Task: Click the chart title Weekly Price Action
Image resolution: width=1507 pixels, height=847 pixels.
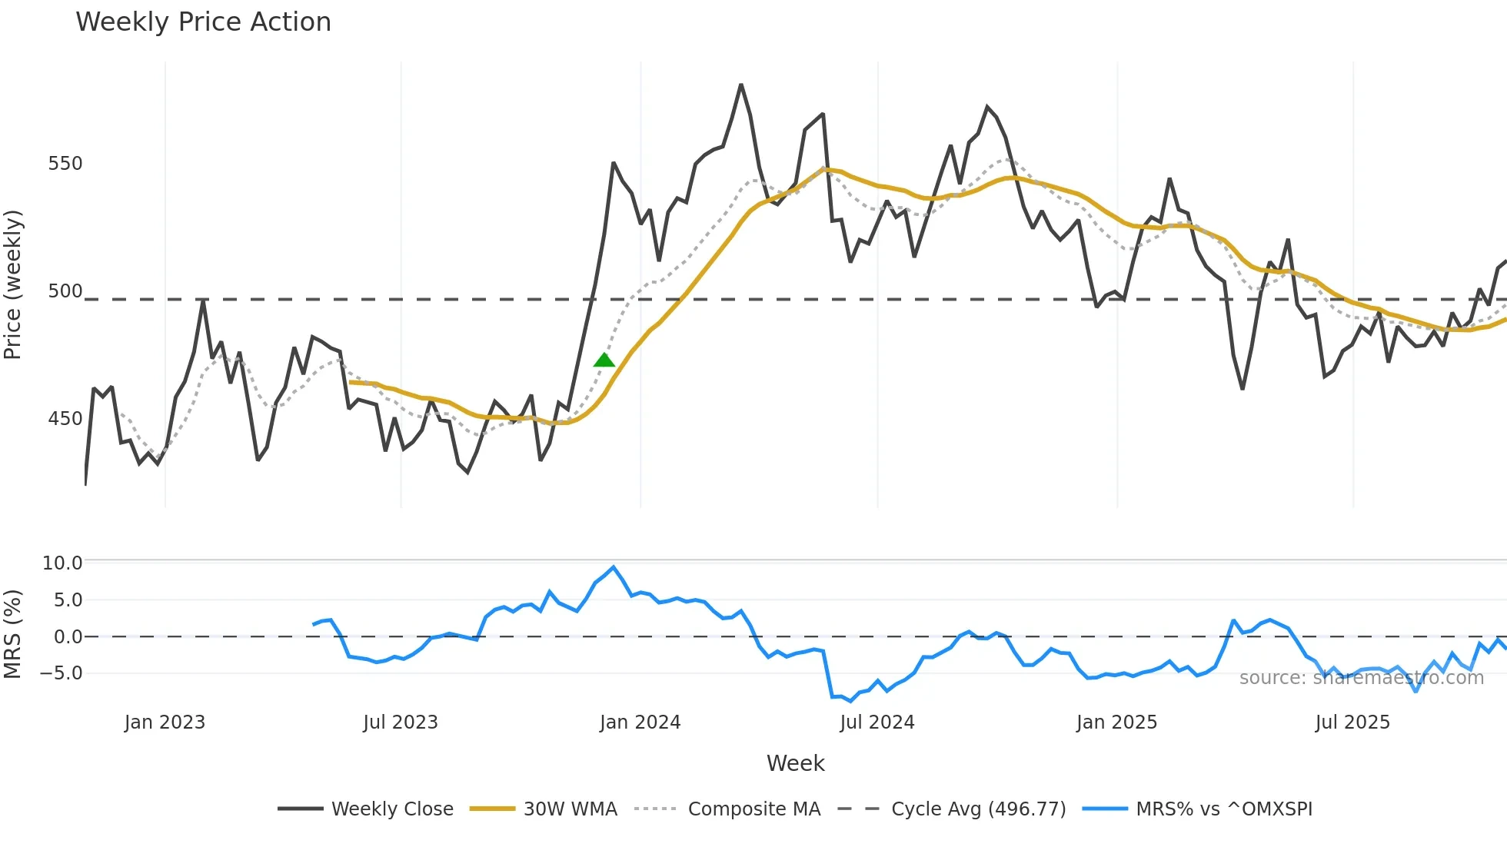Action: pos(203,22)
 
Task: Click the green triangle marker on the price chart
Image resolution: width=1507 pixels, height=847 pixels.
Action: pos(604,360)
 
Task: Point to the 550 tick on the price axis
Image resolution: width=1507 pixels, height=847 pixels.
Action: pos(65,164)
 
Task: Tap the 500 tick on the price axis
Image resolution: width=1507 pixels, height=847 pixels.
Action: pos(65,291)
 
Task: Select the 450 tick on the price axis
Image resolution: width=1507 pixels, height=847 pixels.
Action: pos(65,419)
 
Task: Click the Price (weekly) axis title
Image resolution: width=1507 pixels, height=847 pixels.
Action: pos(13,284)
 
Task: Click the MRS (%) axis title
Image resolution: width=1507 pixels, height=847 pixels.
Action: pos(13,634)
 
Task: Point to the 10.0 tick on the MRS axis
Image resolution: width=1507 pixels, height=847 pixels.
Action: pos(62,563)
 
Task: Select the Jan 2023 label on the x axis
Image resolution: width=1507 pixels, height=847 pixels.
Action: pos(165,722)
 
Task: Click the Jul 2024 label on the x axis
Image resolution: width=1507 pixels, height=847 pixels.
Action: pos(877,722)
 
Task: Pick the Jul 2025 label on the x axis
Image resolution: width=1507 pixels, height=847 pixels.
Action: pos(1352,722)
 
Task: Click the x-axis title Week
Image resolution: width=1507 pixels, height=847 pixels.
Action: pos(795,763)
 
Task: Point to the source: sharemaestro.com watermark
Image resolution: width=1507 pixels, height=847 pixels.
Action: pos(1361,678)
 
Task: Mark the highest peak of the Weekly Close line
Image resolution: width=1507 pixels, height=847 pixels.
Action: pos(741,85)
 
